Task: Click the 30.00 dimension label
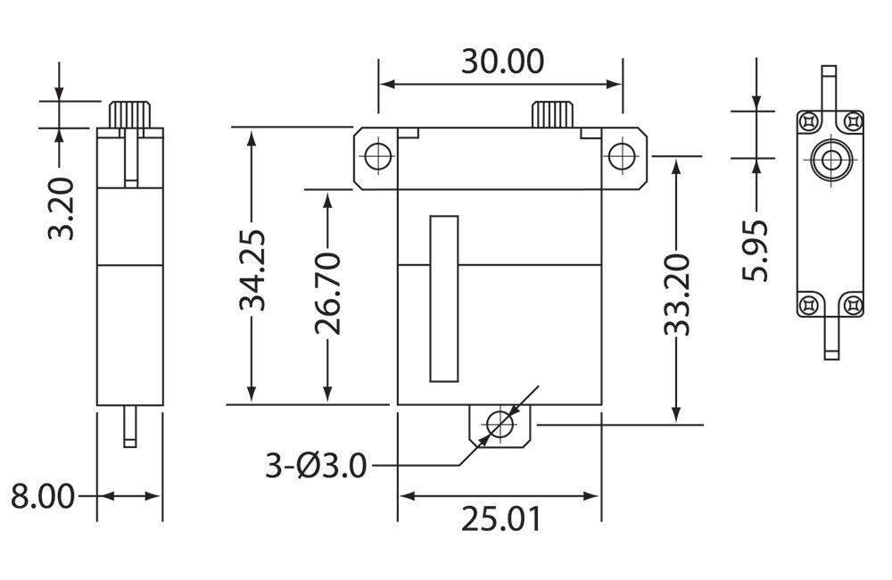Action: point(502,62)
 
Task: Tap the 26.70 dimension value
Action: point(328,293)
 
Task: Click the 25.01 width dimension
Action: point(500,518)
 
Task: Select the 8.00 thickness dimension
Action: point(42,496)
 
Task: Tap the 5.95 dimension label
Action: point(756,251)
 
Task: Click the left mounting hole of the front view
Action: point(377,156)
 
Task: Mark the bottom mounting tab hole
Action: point(500,425)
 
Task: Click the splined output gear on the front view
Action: point(553,114)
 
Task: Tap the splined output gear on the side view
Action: point(131,114)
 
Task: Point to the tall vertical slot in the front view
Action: point(443,298)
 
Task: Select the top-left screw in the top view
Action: point(808,120)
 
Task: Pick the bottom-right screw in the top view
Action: point(854,305)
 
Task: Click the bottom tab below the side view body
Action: point(130,427)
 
